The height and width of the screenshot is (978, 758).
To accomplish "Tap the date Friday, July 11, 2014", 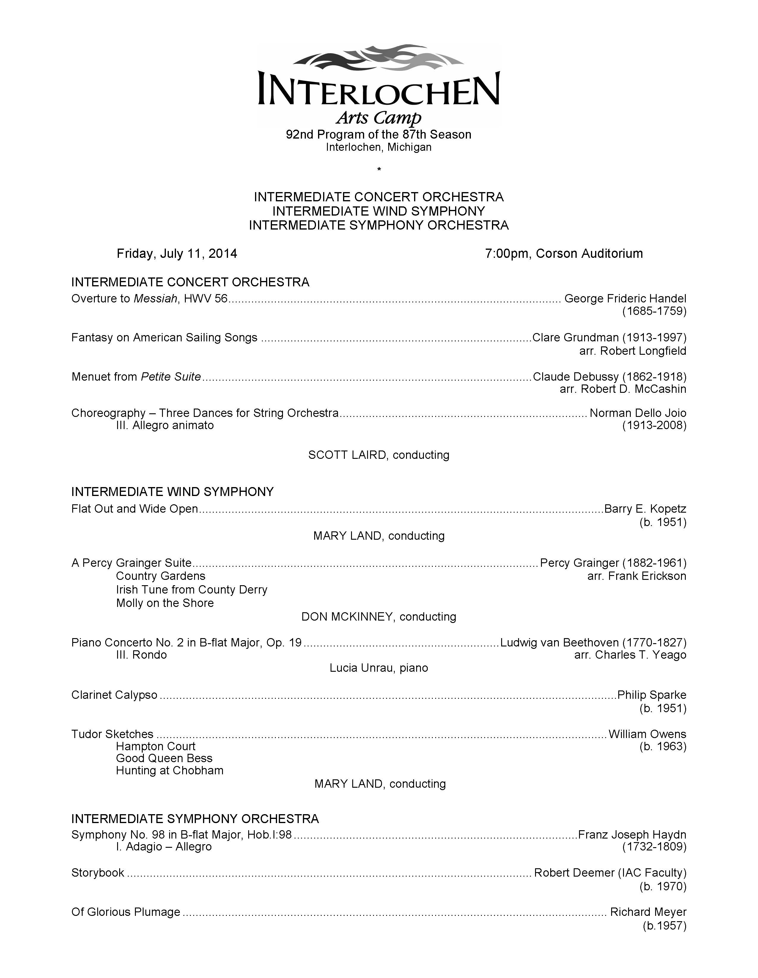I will (177, 254).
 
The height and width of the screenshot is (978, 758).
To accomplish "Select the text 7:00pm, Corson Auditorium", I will (564, 254).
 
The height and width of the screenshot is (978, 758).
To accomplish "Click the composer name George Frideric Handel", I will (625, 299).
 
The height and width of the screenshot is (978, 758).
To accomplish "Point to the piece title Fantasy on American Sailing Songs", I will (164, 337).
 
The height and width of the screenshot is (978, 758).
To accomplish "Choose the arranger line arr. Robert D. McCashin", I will (623, 389).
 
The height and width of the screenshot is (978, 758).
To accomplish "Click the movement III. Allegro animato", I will (165, 426).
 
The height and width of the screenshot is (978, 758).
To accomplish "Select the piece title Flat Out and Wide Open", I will (134, 509).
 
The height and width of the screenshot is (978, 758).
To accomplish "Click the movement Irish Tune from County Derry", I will (192, 590).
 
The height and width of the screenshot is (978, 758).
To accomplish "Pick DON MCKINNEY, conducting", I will (379, 617).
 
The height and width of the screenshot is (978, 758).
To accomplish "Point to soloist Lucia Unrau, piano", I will (379, 668).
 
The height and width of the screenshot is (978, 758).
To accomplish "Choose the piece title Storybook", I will (97, 873).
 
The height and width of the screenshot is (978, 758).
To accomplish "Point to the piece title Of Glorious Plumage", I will (126, 912).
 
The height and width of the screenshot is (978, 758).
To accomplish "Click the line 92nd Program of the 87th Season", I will (379, 135).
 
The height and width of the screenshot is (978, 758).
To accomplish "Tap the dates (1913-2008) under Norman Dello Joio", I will (654, 426).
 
